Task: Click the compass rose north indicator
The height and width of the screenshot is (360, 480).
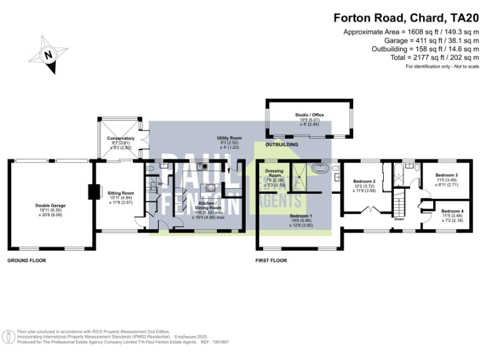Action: pos(48,54)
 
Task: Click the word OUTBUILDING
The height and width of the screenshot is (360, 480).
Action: pos(282,144)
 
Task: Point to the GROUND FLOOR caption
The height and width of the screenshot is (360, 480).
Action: pos(26,259)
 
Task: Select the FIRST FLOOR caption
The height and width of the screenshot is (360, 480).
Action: pos(271,260)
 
